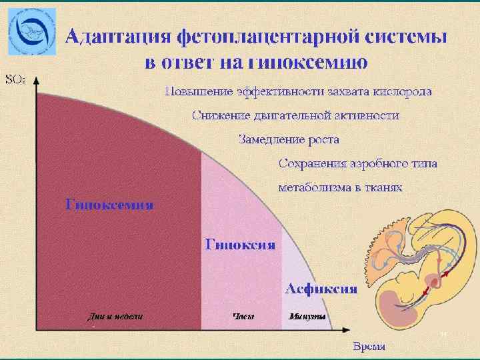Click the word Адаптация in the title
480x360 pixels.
(x=116, y=37)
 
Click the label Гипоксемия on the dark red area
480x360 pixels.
(x=109, y=204)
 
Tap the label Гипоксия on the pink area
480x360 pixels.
(x=240, y=244)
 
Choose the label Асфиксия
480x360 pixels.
(x=321, y=288)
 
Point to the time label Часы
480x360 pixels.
(x=243, y=316)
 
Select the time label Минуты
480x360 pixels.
(x=307, y=316)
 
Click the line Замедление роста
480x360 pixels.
(x=289, y=140)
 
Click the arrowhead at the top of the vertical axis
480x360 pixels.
(x=37, y=79)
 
